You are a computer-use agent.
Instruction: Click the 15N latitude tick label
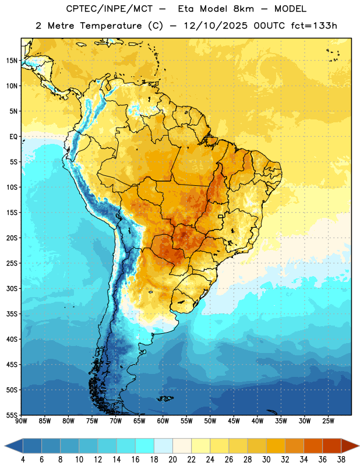(12, 61)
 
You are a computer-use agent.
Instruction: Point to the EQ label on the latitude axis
(13, 137)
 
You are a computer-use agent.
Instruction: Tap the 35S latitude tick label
(12, 314)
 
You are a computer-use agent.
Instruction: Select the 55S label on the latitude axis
(12, 415)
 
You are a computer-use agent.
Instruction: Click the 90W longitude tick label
(21, 421)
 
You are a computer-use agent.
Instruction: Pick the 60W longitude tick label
(163, 421)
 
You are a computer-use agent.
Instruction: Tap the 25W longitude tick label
(328, 421)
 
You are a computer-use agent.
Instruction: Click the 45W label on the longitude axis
(234, 421)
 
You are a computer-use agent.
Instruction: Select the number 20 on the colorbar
(172, 460)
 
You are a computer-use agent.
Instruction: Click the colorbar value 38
(341, 460)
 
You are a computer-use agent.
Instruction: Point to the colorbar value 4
(23, 460)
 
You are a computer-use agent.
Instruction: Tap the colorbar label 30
(266, 460)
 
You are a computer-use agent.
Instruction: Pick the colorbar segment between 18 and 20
(163, 446)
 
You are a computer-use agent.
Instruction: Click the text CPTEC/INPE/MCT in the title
(109, 9)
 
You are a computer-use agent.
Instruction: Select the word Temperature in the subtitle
(111, 26)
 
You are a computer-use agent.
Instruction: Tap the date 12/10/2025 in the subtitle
(216, 26)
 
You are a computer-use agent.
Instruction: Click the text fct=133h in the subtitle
(314, 26)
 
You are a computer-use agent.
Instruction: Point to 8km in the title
(243, 9)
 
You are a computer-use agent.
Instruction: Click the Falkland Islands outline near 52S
(165, 398)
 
